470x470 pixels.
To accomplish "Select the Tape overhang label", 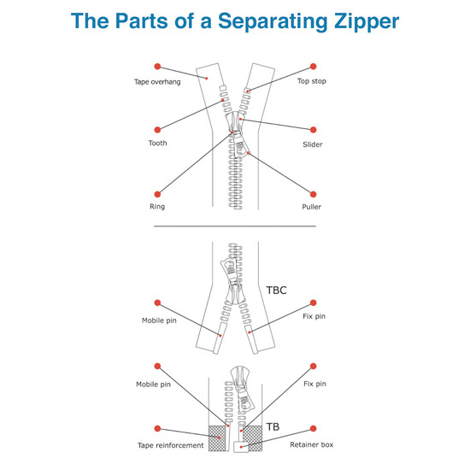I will pyautogui.click(x=156, y=81).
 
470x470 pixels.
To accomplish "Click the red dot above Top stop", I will pyautogui.click(x=313, y=66).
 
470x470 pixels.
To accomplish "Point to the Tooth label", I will pyautogui.click(x=156, y=143).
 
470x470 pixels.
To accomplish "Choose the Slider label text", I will pyautogui.click(x=314, y=144).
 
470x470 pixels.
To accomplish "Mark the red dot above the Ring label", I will pyautogui.click(x=156, y=193).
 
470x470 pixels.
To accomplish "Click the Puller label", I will pyautogui.click(x=314, y=207).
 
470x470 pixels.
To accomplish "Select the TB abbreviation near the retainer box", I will pyautogui.click(x=273, y=426).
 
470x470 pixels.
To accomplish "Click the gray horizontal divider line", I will pyautogui.click(x=234, y=226).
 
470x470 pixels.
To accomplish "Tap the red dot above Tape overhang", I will pyautogui.click(x=156, y=66).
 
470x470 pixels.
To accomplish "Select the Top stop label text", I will pyautogui.click(x=314, y=81).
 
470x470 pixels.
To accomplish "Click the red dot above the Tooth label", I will pyautogui.click(x=156, y=128).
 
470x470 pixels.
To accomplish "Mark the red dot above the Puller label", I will pyautogui.click(x=313, y=193).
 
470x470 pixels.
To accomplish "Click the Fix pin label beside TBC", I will pyautogui.click(x=314, y=318).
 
